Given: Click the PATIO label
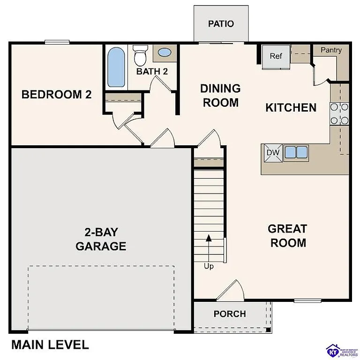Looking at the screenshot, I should pos(221,24).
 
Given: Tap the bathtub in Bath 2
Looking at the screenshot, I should pos(116,67).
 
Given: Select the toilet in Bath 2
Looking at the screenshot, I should pos(140,56).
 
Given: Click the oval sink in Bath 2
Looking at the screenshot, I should pos(165,52).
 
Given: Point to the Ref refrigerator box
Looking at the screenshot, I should pos(276,57).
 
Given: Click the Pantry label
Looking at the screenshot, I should pos(331,50).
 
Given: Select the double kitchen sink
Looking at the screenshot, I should pos(296,152).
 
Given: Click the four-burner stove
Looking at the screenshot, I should pos(340,113).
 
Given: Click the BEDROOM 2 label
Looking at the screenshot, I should pos(57,95).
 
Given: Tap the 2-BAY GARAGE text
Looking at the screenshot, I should pos(101,239).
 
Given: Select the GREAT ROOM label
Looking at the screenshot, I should pos(287,236).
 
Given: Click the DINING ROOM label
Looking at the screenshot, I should pos(220,95).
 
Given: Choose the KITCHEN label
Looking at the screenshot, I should pos(291,108).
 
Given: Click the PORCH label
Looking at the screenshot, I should pos(230,314).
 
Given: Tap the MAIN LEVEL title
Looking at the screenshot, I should pos(50,345).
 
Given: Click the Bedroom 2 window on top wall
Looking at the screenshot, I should pos(58,43).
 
